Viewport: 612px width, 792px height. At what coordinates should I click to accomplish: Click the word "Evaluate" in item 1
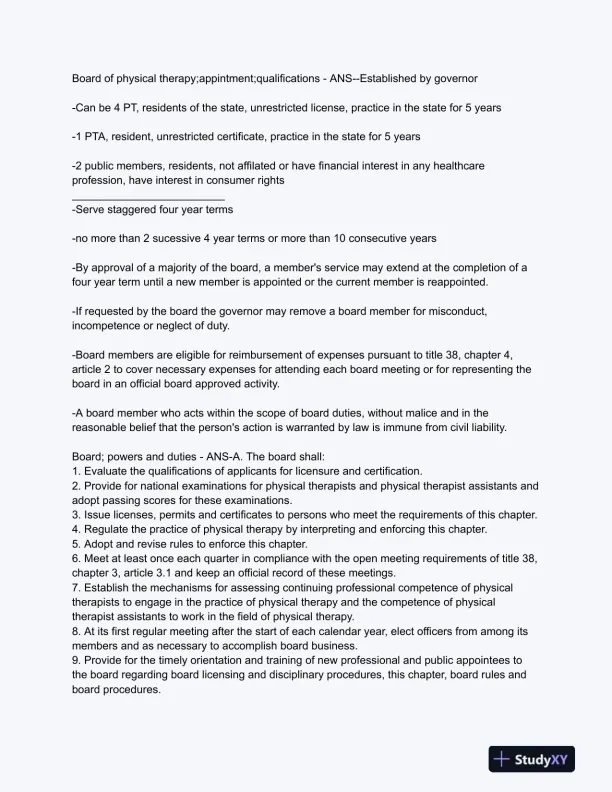pos(110,471)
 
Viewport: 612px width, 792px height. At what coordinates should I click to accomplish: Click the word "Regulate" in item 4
pos(110,529)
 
